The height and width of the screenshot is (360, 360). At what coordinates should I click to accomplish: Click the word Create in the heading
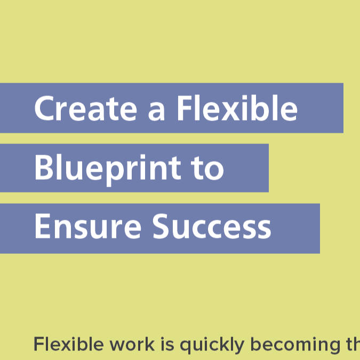tap(86, 108)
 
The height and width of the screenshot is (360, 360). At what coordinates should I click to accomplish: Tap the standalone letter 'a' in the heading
tap(156, 112)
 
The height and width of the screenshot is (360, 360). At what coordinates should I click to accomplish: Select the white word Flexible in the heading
tap(237, 108)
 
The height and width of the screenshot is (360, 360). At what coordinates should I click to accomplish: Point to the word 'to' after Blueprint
tap(208, 169)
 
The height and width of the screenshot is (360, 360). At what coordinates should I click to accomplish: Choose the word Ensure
tap(88, 226)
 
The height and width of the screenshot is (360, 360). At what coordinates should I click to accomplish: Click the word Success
tap(212, 226)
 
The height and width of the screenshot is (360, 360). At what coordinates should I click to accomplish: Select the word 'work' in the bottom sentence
tap(132, 343)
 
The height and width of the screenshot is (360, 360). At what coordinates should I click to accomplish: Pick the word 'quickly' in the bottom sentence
tap(211, 346)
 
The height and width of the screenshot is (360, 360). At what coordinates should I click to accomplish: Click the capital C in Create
tap(44, 108)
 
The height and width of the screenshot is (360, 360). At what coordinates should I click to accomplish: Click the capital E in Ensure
tap(43, 226)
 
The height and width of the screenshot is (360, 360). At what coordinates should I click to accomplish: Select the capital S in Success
tap(162, 226)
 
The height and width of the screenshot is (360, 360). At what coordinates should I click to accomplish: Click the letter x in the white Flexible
tap(233, 112)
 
